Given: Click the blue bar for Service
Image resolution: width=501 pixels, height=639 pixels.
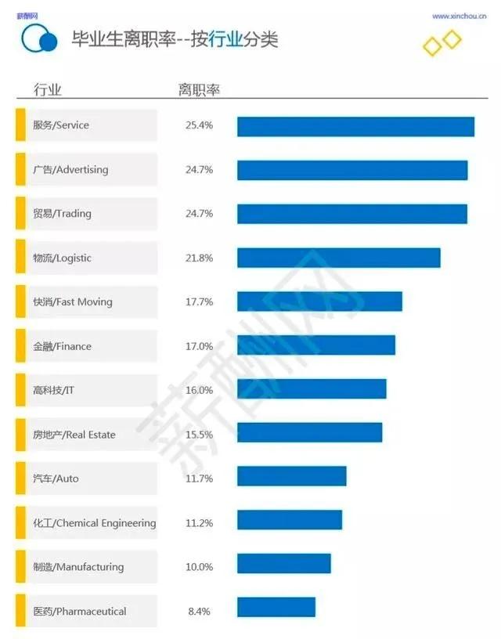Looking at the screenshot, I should coord(355,126).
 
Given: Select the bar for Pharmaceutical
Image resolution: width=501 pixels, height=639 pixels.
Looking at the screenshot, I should coord(276,608).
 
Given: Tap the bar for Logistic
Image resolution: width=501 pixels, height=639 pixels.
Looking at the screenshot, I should coord(338,258).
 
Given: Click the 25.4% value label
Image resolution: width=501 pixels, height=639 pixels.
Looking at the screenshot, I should coord(199,125).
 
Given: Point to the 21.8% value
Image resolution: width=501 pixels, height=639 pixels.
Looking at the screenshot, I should coord(199,258).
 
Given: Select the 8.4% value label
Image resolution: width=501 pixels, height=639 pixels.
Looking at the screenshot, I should coord(199,611).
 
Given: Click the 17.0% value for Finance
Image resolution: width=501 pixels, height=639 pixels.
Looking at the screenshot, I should coord(199,346).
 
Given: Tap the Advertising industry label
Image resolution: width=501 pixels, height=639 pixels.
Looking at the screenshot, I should coord(70,169).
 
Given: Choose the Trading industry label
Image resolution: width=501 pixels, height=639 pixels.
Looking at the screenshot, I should coord(62,214).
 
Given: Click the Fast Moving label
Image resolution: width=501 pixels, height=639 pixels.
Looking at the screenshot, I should coord(72,301).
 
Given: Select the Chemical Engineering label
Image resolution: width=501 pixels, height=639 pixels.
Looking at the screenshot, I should coord(94,522).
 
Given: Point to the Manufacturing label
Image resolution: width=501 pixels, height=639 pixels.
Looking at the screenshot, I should coord(78,567).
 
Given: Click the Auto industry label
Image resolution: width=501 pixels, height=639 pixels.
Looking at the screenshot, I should coord(56,478).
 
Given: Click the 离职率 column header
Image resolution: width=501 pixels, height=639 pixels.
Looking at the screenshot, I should coord(199,89).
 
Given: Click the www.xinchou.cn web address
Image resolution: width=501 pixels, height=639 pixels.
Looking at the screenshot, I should coord(460,16).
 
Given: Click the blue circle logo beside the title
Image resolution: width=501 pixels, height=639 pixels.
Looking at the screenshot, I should coord(39,38).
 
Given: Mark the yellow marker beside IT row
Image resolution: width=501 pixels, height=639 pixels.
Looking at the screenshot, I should coord(20,390).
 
